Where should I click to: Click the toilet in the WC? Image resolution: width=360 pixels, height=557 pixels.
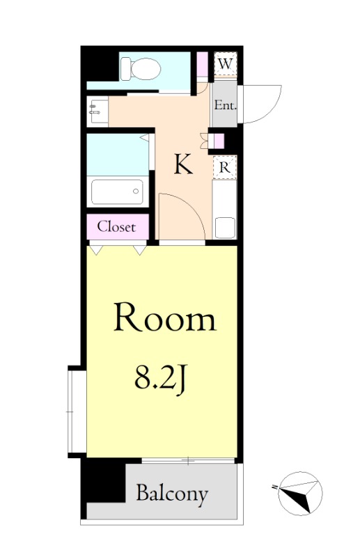pos(140,68)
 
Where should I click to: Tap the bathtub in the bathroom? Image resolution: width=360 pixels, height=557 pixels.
pos(118,192)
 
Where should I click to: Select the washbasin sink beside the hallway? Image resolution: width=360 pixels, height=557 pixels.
pos(97,111)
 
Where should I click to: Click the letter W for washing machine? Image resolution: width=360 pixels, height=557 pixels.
pos(226,64)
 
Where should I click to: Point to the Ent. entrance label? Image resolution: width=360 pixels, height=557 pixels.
pos(226,105)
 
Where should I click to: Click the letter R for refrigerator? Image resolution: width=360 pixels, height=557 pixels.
pos(225,167)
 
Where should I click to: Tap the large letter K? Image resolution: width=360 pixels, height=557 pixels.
pos(183,164)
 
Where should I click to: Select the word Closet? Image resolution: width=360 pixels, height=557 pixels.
pos(116,227)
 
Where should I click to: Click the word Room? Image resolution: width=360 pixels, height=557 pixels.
pos(165,317)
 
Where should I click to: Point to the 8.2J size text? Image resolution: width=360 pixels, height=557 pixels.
pos(160,379)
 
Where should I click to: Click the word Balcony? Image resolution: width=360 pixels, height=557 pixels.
pos(173,494)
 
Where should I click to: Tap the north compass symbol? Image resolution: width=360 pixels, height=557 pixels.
pos(299,494)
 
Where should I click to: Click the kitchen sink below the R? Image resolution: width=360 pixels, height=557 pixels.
pos(225,228)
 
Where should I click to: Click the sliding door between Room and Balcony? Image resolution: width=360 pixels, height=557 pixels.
pos(188,461)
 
